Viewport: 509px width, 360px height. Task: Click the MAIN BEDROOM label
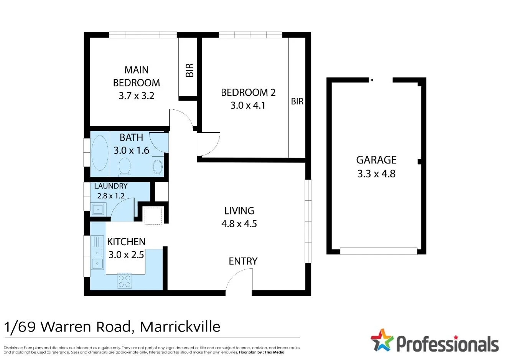[136, 76]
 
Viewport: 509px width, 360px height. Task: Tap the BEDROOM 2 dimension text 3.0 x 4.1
[248, 106]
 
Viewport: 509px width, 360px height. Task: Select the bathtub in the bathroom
[100, 153]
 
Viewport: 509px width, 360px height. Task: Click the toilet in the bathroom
[124, 167]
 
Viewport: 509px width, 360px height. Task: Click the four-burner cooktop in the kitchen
[124, 281]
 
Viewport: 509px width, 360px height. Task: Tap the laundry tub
[98, 210]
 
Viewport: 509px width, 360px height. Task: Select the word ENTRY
[243, 261]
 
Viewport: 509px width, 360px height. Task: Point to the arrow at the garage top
[381, 80]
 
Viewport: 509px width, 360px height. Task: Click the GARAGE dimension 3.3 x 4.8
[376, 174]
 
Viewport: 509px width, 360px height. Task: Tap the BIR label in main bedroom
[189, 70]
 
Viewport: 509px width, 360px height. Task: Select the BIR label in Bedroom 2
[297, 102]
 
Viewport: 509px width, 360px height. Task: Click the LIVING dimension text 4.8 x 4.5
[239, 224]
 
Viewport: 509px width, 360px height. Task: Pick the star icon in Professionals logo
[382, 340]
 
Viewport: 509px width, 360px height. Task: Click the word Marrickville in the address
[180, 327]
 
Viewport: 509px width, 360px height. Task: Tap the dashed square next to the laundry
[153, 215]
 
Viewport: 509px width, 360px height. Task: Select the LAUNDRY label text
[110, 186]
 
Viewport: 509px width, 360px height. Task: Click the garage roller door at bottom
[378, 251]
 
